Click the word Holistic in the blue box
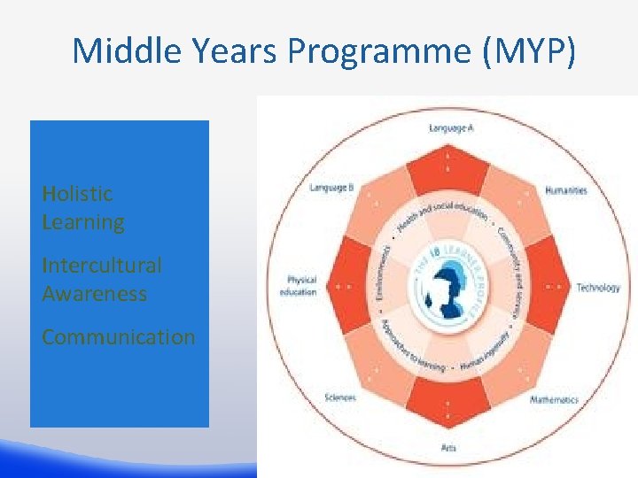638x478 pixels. pyautogui.click(x=77, y=193)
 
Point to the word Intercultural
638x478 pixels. pyautogui.click(x=101, y=265)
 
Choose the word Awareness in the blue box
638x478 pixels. pyautogui.click(x=94, y=293)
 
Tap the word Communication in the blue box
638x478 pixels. pyautogui.click(x=118, y=337)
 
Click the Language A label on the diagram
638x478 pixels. pyautogui.click(x=451, y=128)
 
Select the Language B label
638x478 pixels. pyautogui.click(x=331, y=188)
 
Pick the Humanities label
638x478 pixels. pyautogui.click(x=565, y=190)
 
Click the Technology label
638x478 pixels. pyautogui.click(x=598, y=287)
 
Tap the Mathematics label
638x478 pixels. pyautogui.click(x=554, y=400)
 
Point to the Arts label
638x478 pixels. pyautogui.click(x=449, y=448)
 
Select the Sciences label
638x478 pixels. pyautogui.click(x=340, y=397)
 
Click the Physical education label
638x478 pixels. pyautogui.click(x=301, y=286)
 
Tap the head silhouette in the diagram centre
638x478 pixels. pyautogui.click(x=450, y=289)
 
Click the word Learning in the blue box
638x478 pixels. pyautogui.click(x=83, y=221)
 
